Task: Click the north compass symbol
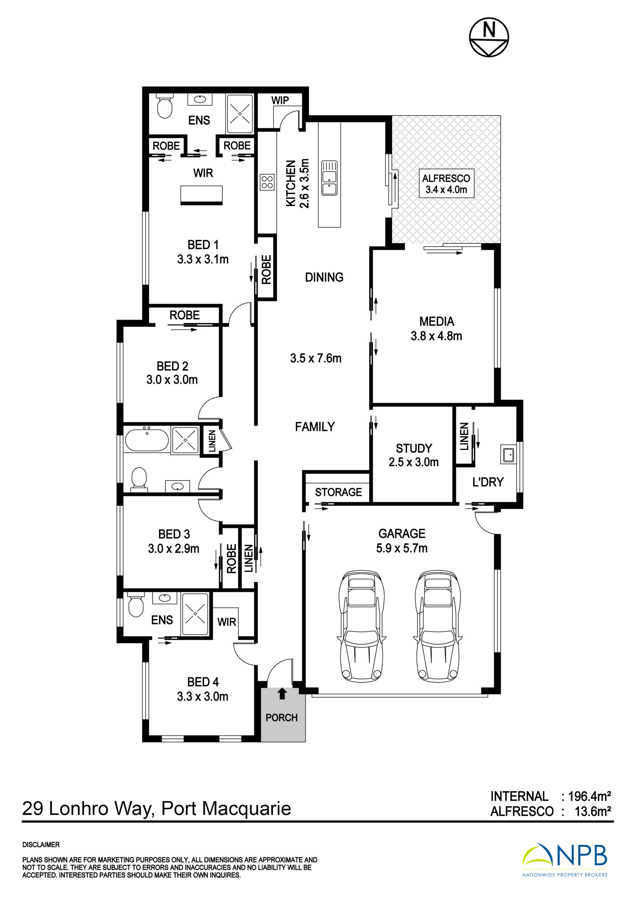click(489, 37)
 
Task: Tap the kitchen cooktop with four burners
click(267, 182)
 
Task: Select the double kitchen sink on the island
click(329, 178)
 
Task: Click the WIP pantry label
click(280, 100)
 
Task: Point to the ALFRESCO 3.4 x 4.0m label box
click(446, 184)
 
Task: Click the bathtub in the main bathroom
click(147, 440)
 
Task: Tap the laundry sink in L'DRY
click(508, 454)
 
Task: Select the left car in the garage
click(362, 626)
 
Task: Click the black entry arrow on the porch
click(282, 693)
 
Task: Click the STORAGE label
click(338, 492)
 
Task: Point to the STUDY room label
click(414, 448)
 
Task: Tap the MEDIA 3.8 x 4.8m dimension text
click(436, 336)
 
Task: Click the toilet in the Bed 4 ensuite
click(136, 607)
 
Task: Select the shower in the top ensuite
click(240, 114)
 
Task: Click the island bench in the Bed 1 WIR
click(201, 195)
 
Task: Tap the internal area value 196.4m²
click(589, 796)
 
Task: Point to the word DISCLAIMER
click(41, 845)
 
